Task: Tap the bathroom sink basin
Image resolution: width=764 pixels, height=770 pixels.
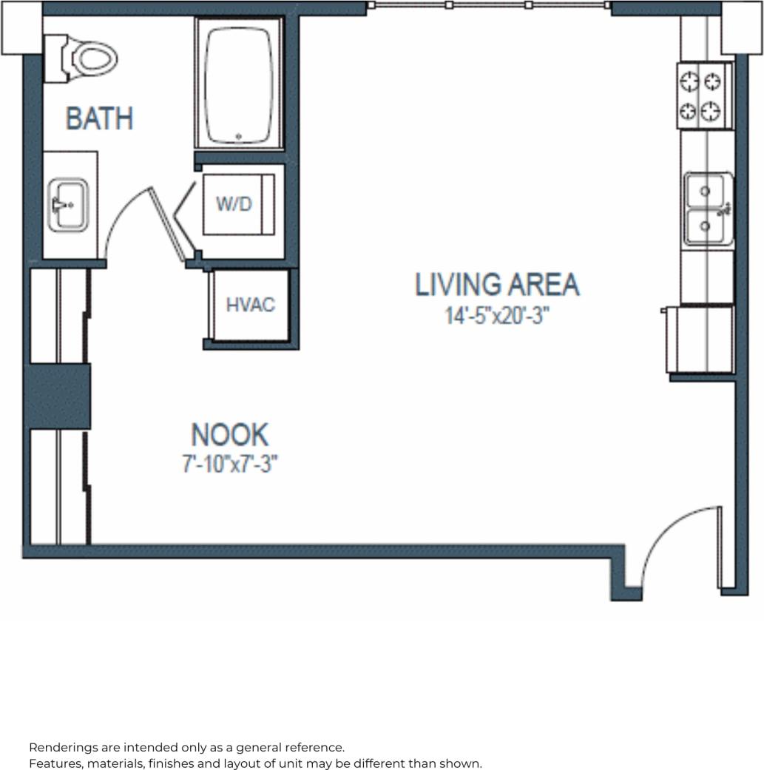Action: pyautogui.click(x=68, y=203)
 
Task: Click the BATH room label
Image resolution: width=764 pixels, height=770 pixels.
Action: pyautogui.click(x=99, y=118)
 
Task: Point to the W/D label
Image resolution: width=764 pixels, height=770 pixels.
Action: pyautogui.click(x=234, y=204)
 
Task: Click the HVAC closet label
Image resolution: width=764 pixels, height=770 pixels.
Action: pyautogui.click(x=250, y=305)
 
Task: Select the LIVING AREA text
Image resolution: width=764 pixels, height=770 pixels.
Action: pyautogui.click(x=497, y=285)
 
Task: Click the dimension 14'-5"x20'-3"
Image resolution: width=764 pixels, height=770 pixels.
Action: pyautogui.click(x=497, y=316)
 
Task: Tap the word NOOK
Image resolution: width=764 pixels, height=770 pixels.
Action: pyautogui.click(x=229, y=434)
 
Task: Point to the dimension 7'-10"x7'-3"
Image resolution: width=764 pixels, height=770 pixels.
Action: pyautogui.click(x=229, y=465)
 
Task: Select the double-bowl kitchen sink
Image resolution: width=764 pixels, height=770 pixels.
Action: pyautogui.click(x=708, y=209)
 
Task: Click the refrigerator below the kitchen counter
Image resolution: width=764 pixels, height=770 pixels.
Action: pyautogui.click(x=700, y=339)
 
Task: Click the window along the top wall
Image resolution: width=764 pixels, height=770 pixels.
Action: pyautogui.click(x=488, y=5)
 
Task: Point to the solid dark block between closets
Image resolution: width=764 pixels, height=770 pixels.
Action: pyautogui.click(x=58, y=395)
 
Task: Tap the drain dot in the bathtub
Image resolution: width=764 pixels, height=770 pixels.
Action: pyautogui.click(x=239, y=136)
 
